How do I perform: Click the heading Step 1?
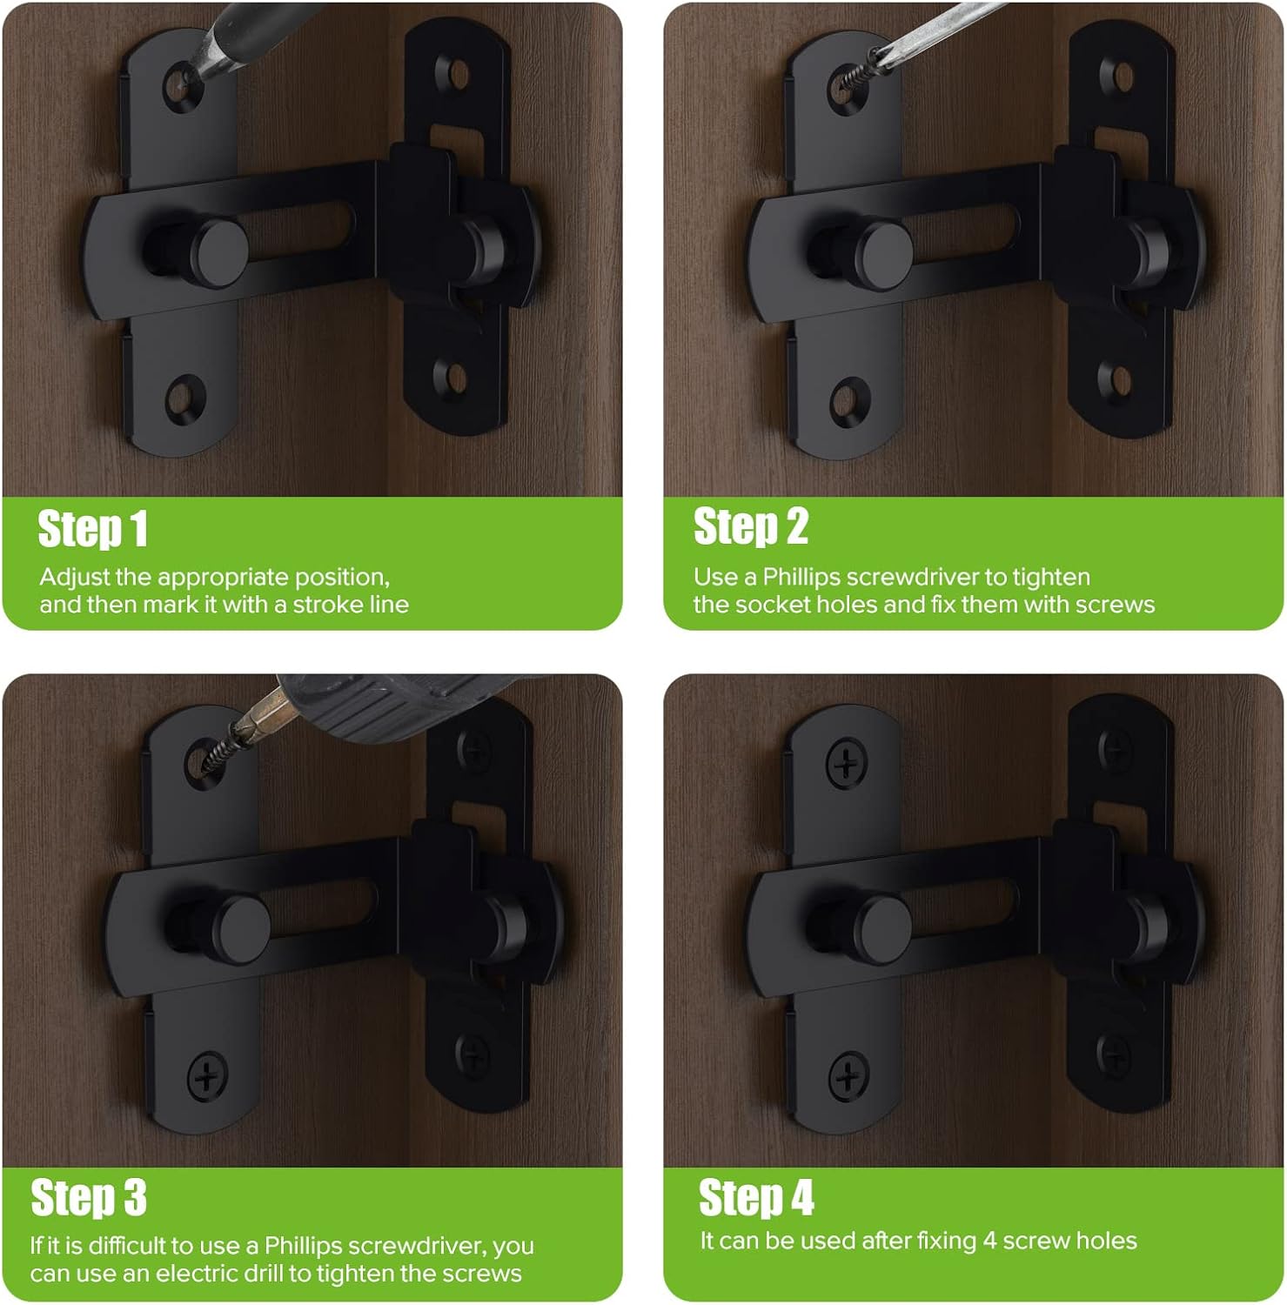(92, 529)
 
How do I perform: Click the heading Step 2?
(750, 527)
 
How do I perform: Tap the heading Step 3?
(88, 1198)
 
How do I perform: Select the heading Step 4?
(755, 1198)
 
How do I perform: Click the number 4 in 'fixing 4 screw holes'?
(989, 1241)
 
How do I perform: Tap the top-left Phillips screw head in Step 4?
(845, 766)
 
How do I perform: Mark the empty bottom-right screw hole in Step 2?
(1119, 379)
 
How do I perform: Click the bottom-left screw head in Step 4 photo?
(848, 1077)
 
